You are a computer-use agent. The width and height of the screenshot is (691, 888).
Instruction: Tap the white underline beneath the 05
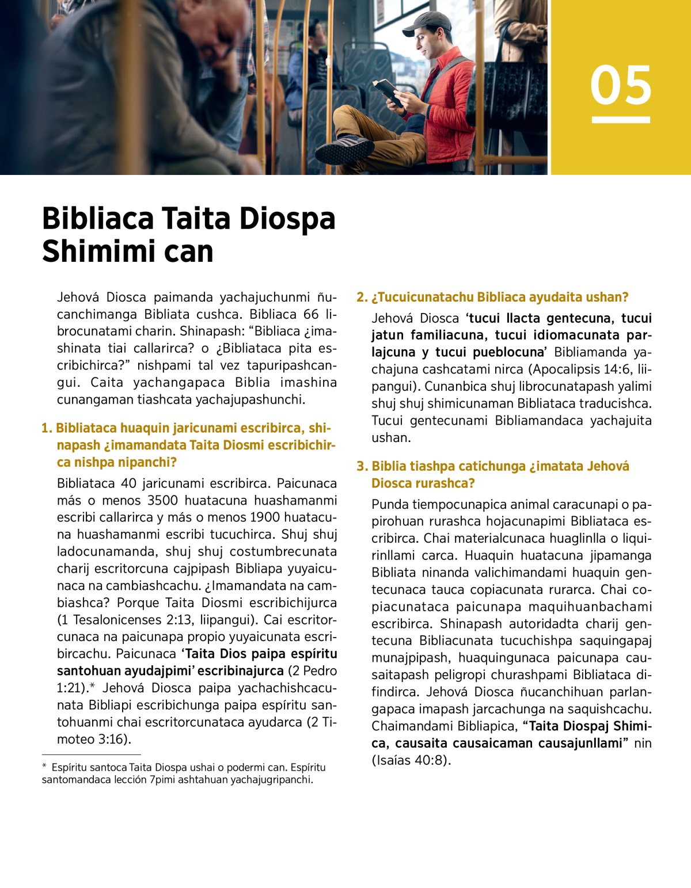[x=620, y=120]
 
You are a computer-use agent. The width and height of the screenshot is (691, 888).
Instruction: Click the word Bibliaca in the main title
[x=98, y=219]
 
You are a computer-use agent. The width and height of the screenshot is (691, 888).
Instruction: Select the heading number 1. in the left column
[x=47, y=428]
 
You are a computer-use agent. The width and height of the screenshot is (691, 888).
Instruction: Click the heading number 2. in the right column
[x=362, y=298]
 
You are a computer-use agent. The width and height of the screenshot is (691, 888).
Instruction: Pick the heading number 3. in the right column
[x=362, y=466]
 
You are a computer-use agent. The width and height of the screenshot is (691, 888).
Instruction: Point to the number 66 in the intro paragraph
[x=311, y=314]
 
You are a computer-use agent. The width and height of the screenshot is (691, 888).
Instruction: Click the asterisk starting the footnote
[x=44, y=767]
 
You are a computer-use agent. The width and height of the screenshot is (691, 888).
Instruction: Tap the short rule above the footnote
[x=91, y=754]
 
